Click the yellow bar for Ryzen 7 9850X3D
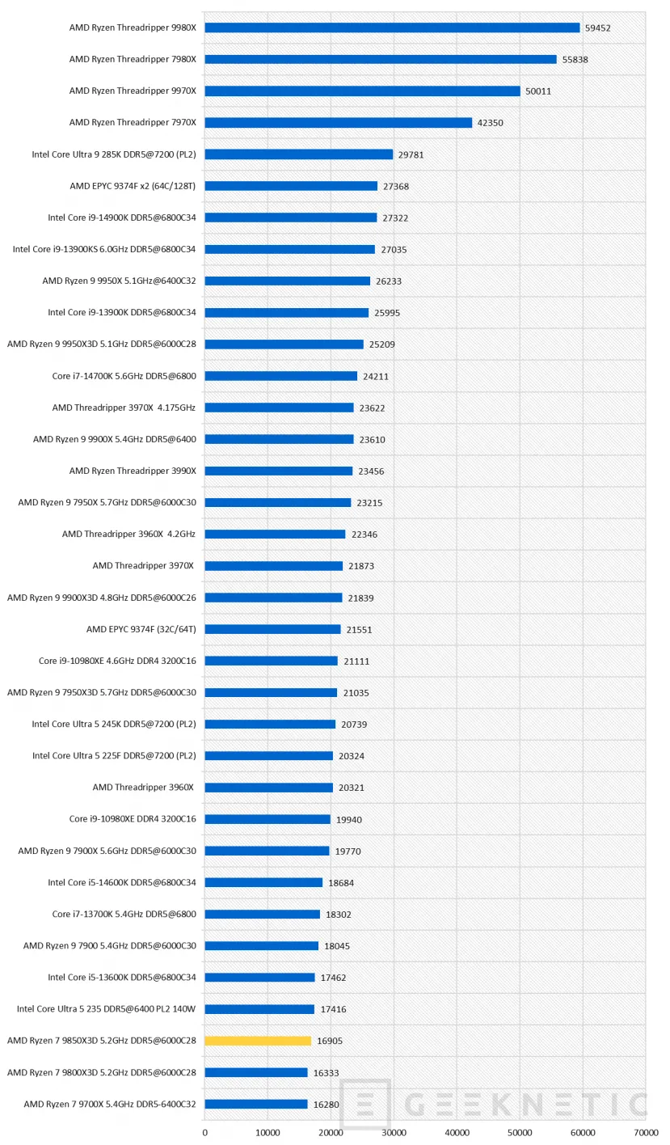[x=258, y=1041]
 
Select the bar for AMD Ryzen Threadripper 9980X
[x=392, y=27]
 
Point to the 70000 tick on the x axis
[x=645, y=1134]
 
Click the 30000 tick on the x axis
[x=394, y=1134]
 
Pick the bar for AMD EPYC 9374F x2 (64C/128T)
[x=291, y=186]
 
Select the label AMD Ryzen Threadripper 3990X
[x=133, y=471]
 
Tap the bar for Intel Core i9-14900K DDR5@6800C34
[x=291, y=218]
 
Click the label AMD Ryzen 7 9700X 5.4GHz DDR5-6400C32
[x=110, y=1104]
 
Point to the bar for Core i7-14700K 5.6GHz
[x=280, y=376]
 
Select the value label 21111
[x=356, y=661]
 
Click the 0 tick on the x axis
[x=204, y=1134]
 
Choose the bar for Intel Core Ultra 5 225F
[x=268, y=756]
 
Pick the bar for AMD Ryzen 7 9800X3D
[x=256, y=1072]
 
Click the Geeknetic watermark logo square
[x=365, y=1104]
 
